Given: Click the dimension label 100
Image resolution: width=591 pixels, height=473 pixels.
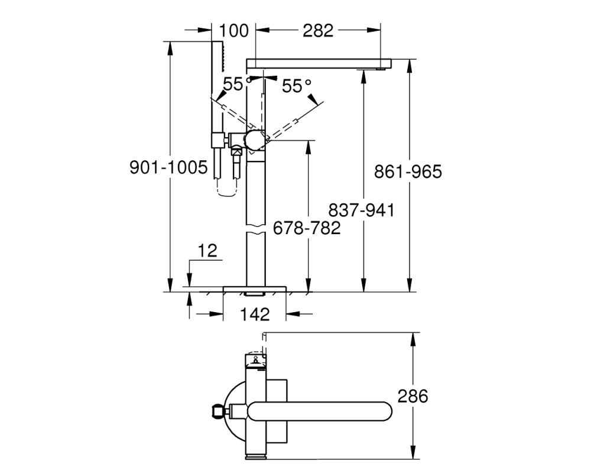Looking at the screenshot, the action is pyautogui.click(x=233, y=31).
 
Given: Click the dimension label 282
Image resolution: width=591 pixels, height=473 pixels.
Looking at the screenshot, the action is pyautogui.click(x=318, y=31).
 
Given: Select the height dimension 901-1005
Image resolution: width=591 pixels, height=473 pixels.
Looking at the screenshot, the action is pyautogui.click(x=168, y=167).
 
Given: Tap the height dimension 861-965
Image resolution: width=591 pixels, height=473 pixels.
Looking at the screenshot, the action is pyautogui.click(x=408, y=171).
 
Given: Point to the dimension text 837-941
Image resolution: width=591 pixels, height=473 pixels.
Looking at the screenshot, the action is pyautogui.click(x=362, y=210).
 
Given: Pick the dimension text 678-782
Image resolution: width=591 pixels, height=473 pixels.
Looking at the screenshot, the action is pyautogui.click(x=306, y=228).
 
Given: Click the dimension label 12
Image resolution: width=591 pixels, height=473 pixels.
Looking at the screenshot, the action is pyautogui.click(x=207, y=251).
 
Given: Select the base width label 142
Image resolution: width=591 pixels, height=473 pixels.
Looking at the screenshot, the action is pyautogui.click(x=255, y=314).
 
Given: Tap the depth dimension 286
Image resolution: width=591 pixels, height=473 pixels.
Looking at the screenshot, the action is pyautogui.click(x=413, y=396).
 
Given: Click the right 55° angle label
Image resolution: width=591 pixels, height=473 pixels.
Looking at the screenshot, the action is pyautogui.click(x=297, y=86).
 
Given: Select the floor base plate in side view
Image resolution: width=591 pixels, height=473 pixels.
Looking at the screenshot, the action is pyautogui.click(x=255, y=289).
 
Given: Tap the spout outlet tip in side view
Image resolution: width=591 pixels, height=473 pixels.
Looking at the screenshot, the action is pyautogui.click(x=382, y=69).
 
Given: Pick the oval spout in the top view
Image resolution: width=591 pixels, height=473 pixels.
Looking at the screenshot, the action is pyautogui.click(x=320, y=411).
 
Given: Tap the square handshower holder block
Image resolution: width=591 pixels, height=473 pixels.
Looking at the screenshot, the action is pyautogui.click(x=218, y=140).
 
